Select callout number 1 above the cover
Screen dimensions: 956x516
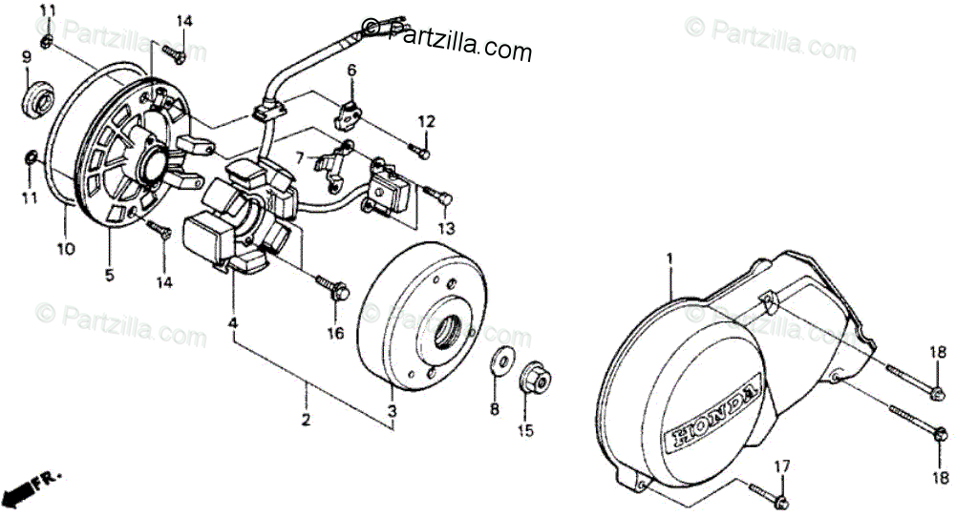(x=669, y=259)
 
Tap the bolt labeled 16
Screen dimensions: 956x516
(x=332, y=287)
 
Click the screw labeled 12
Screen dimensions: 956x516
(x=419, y=150)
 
